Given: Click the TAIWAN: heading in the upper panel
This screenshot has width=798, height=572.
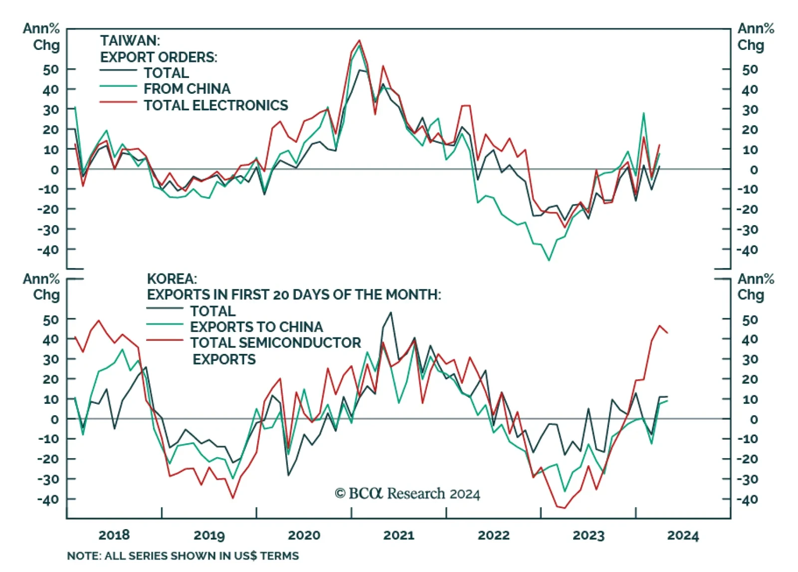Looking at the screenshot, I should (130, 40).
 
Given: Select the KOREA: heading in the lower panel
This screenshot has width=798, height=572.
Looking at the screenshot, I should (172, 279).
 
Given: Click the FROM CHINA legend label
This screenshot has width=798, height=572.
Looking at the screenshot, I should (187, 89).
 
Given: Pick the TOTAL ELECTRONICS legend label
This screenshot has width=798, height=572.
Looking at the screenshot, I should (216, 105).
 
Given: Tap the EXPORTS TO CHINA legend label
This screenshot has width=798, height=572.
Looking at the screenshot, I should (256, 327).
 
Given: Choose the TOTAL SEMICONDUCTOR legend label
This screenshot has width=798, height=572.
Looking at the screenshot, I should (275, 343).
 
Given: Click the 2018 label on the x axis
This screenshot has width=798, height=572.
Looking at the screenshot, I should (114, 535).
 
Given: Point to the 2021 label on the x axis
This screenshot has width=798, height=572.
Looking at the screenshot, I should (399, 535).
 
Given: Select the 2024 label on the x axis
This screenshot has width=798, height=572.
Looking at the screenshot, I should (683, 535).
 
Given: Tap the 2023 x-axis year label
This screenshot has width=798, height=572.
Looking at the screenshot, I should (589, 535).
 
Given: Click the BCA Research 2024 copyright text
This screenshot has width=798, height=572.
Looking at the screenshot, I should (407, 494).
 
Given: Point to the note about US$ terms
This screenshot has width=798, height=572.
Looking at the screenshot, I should (183, 556).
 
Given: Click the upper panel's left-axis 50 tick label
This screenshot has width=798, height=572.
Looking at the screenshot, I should (51, 69).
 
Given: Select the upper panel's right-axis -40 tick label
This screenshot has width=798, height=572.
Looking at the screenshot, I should (747, 250).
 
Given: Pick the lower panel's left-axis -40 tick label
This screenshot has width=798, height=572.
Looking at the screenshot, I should (48, 499).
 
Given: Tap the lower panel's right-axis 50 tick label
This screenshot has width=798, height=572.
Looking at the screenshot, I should (750, 319).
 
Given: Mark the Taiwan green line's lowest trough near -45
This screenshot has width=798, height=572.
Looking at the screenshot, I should (549, 260).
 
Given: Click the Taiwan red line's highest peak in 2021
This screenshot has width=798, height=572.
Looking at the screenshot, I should (360, 40).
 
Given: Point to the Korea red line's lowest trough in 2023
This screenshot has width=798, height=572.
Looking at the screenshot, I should (565, 508).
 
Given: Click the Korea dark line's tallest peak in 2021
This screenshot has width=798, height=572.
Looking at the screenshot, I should (391, 312).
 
